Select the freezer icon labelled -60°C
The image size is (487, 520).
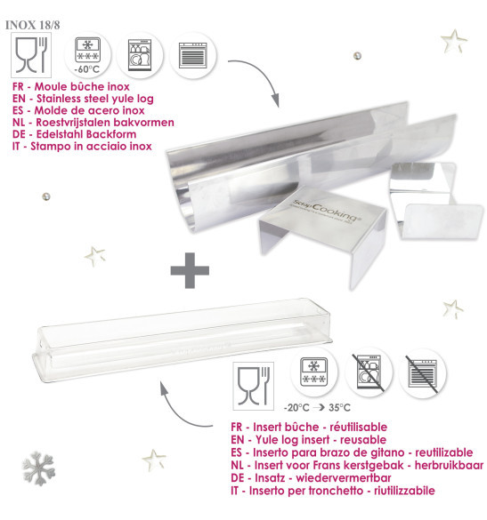[85, 54]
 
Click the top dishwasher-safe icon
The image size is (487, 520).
[141, 54]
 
